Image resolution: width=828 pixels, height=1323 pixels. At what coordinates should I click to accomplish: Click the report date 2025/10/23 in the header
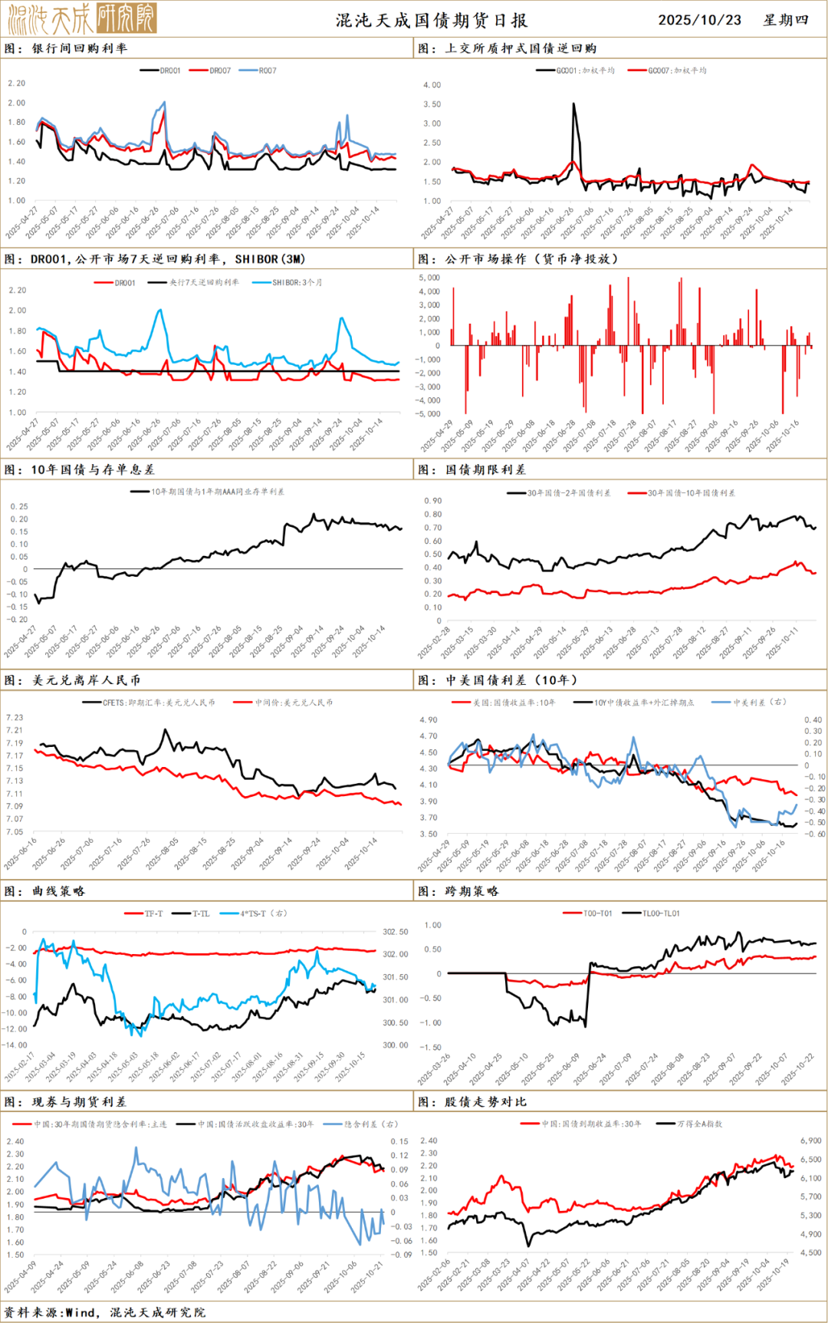(x=699, y=20)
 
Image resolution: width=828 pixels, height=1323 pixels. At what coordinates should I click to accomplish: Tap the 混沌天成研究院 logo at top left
(x=81, y=18)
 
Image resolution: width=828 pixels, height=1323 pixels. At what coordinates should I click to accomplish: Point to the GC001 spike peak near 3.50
(x=573, y=104)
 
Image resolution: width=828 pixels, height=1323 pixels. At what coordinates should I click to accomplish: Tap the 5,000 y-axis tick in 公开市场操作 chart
(x=429, y=278)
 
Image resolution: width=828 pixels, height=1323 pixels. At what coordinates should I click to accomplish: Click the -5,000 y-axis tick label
(x=429, y=414)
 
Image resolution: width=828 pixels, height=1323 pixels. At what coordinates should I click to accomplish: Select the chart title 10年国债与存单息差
(x=92, y=469)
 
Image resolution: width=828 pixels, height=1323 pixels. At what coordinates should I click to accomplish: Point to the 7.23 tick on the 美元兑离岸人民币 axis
(x=15, y=718)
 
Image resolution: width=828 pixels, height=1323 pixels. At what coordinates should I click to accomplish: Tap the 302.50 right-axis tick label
(x=396, y=932)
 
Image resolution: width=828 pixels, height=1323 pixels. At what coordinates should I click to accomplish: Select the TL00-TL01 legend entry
(x=660, y=913)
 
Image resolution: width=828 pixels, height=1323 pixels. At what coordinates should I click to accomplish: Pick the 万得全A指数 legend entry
(x=698, y=1124)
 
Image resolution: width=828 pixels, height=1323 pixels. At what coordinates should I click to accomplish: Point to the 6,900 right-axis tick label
(x=810, y=1141)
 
